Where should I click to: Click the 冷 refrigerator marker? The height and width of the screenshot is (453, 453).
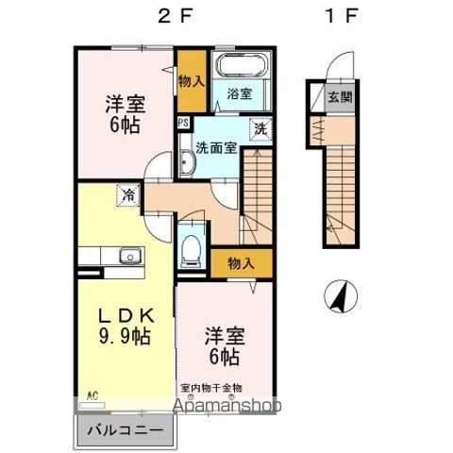click(126, 195)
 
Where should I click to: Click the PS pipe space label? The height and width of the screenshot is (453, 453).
click(183, 121)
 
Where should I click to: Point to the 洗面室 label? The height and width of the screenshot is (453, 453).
click(216, 146)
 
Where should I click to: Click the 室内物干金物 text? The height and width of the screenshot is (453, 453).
click(211, 387)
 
